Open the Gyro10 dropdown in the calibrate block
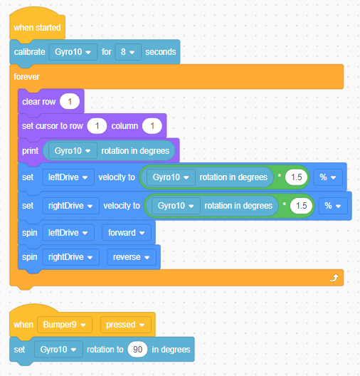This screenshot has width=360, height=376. tap(73, 52)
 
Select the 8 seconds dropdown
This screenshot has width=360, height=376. tap(128, 52)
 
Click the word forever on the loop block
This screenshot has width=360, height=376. tap(26, 77)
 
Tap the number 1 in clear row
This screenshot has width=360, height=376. tap(70, 102)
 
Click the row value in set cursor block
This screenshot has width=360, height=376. tap(97, 126)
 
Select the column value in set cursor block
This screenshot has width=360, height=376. tap(152, 126)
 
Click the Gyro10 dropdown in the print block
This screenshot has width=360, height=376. tap(73, 151)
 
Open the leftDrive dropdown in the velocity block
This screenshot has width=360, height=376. tap(68, 177)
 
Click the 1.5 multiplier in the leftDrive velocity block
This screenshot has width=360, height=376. tap(296, 177)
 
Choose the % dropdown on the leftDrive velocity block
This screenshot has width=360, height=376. tap(328, 177)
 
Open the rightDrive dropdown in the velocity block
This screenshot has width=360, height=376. tap(70, 206)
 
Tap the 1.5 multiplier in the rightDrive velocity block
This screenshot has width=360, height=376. tap(302, 206)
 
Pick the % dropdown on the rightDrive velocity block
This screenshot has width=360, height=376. tap(333, 206)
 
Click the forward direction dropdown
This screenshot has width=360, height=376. tap(127, 233)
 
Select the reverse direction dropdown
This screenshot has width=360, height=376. tap(132, 257)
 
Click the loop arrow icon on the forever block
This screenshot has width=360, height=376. tap(334, 278)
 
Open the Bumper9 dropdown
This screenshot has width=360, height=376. tap(65, 325)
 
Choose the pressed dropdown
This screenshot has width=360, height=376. tap(126, 325)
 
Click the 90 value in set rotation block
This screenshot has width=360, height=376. tap(137, 350)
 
